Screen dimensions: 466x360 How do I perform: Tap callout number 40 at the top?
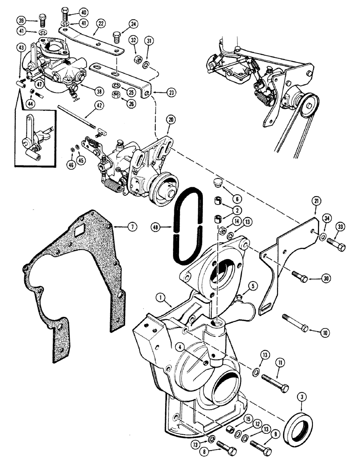click(x=83, y=12)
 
